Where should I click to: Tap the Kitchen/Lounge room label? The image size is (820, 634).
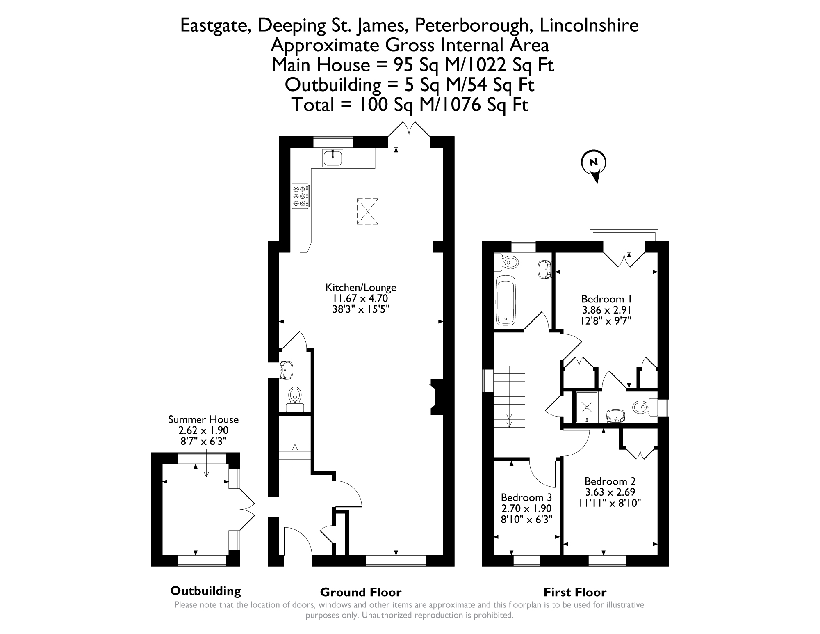coord(361,287)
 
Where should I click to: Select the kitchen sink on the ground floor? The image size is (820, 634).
coord(333,158)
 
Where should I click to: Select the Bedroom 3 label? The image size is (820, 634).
coord(526,498)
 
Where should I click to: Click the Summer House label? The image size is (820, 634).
coord(203,419)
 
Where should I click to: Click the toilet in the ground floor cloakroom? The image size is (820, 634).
coord(295,399)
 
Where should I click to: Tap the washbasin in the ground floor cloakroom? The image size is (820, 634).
coord(286,369)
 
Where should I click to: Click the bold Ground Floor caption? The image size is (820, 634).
coord(361,592)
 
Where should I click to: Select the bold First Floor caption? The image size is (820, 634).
coord(575,592)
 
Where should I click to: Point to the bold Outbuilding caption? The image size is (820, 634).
coord(205,591)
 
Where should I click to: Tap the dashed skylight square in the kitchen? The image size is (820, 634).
coord(367,212)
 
